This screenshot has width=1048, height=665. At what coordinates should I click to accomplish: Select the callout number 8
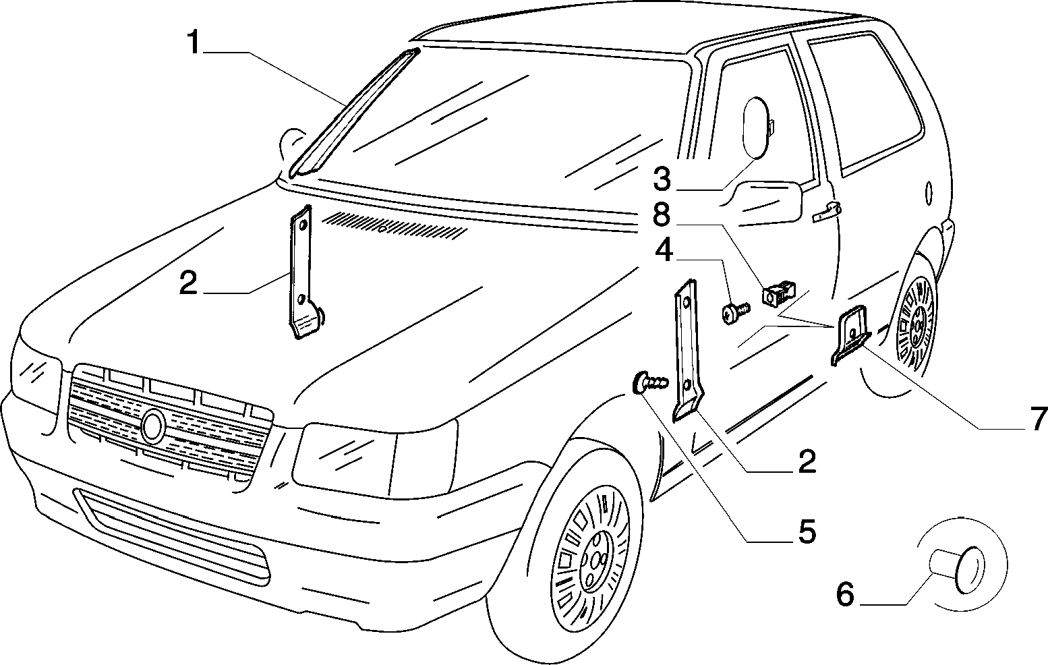(662, 214)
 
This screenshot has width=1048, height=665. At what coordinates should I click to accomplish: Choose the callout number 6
(846, 594)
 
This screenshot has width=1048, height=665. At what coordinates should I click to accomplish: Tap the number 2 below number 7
(807, 461)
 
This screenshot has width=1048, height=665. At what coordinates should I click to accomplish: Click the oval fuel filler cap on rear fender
(929, 192)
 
